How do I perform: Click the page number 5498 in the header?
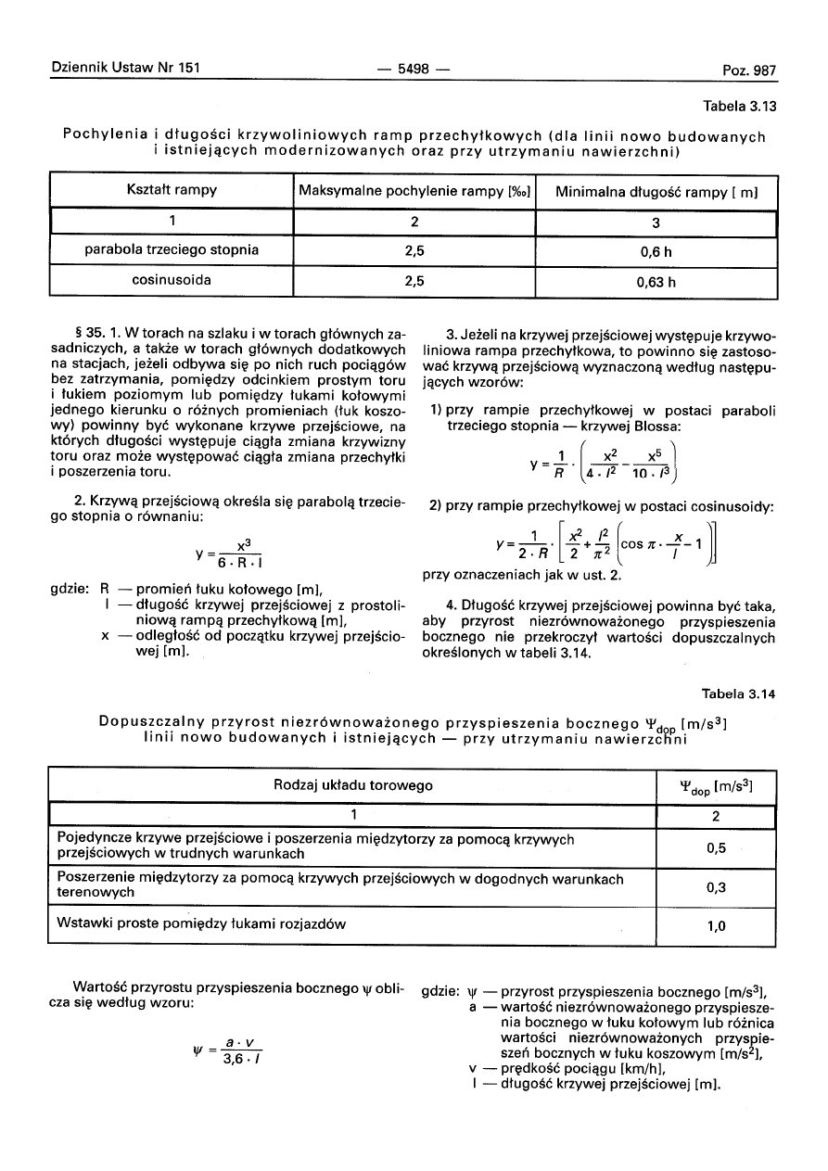click(413, 70)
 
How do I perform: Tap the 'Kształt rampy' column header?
click(171, 191)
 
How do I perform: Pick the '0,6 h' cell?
click(656, 250)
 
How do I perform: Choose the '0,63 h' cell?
click(656, 282)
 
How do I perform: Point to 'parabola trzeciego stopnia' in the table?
click(171, 250)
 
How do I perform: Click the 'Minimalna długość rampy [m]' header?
click(656, 191)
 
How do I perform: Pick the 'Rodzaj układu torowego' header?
click(353, 786)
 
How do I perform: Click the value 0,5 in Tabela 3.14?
click(715, 847)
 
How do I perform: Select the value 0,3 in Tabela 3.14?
click(715, 886)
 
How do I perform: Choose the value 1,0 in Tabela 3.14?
click(715, 925)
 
